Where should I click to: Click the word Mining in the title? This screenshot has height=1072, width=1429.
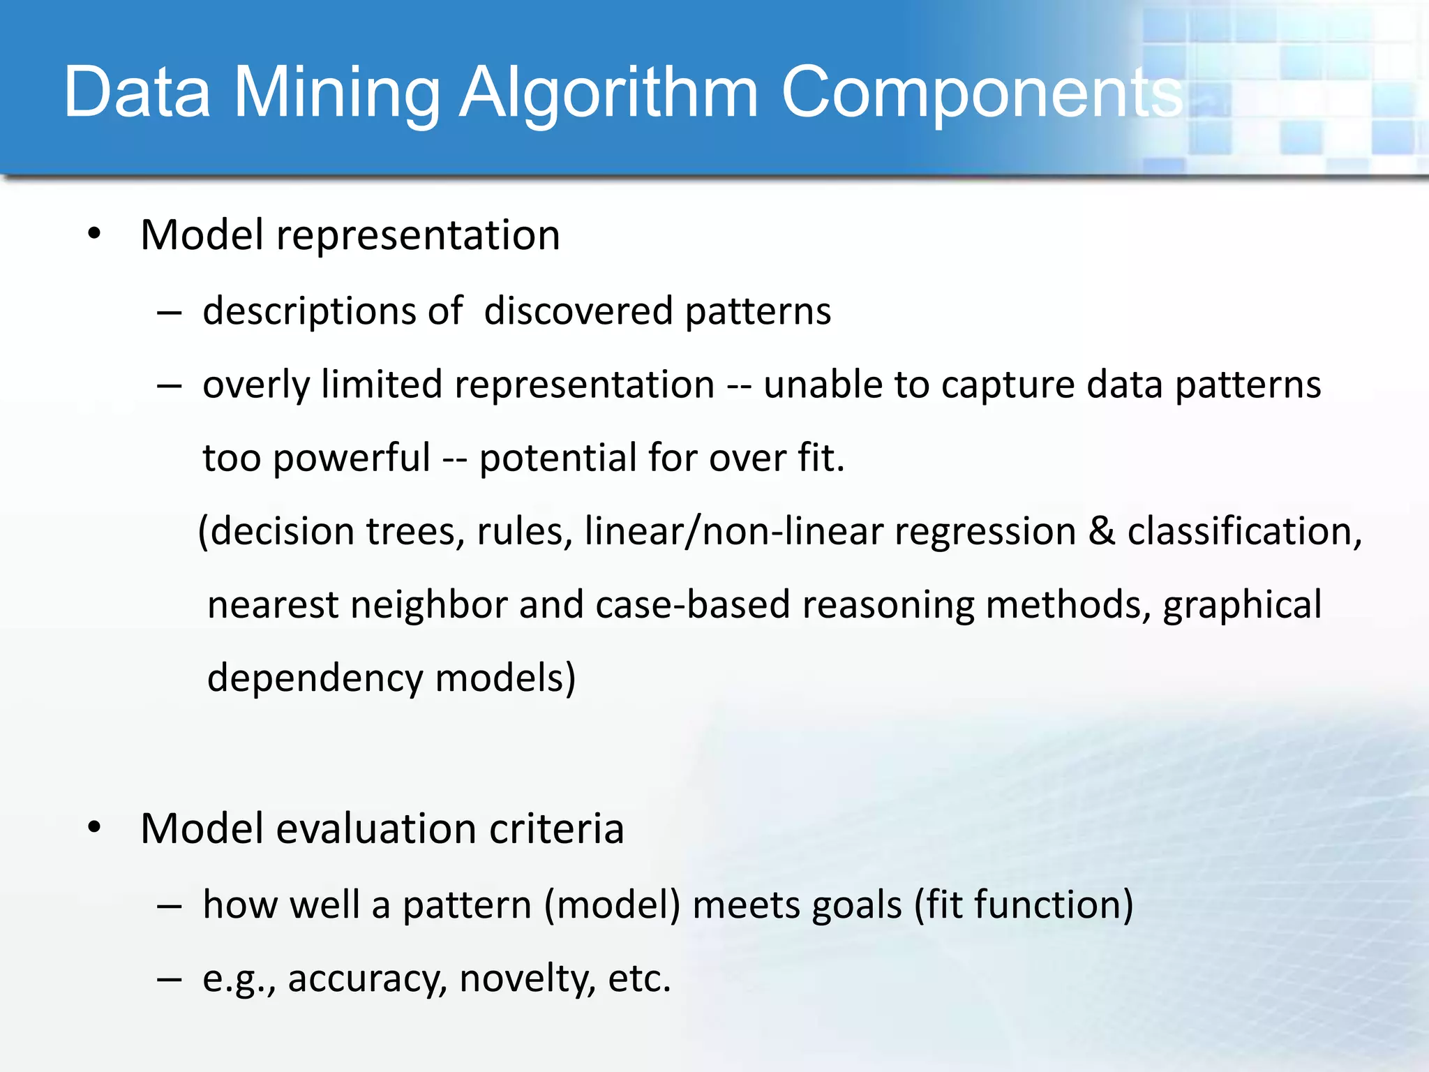336,93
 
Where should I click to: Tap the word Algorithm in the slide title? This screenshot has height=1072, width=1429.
608,93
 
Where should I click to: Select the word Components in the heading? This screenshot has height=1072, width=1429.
981,93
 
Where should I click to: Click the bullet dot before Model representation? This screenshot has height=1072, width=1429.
95,233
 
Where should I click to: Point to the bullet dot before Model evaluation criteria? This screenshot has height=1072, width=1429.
95,828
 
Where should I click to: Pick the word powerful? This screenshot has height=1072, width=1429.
351,459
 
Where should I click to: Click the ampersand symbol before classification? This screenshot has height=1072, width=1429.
1102,531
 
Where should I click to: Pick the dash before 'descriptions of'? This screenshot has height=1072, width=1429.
170,313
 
